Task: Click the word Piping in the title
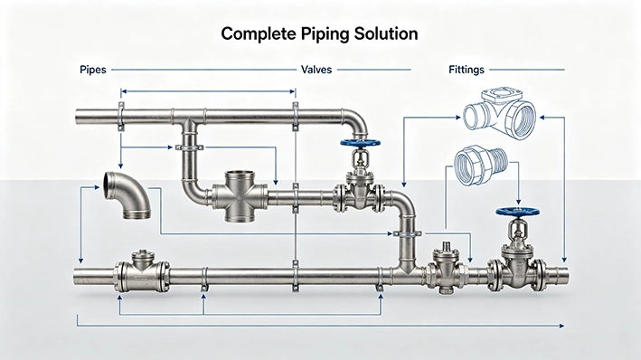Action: [325, 34]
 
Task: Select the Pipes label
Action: [93, 70]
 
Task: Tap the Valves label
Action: [316, 70]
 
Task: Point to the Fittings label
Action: [467, 70]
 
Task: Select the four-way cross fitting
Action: [240, 197]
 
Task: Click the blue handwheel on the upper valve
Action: [360, 143]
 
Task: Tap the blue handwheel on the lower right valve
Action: [517, 212]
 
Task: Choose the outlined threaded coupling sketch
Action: [481, 166]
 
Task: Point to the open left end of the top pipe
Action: [78, 117]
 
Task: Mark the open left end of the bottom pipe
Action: [76, 276]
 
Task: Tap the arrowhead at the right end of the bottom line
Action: [561, 326]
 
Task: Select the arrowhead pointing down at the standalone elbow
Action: [120, 166]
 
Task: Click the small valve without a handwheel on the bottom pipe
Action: [446, 269]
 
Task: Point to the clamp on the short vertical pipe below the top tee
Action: [189, 147]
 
